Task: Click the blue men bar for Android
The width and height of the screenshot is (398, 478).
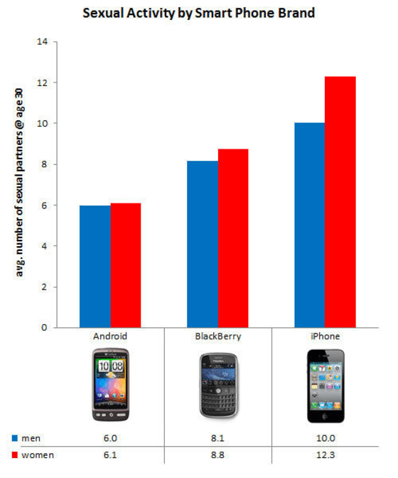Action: pos(95,266)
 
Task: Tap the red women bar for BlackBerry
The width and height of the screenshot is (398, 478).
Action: pos(233,238)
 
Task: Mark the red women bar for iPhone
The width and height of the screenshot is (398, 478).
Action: pos(340,202)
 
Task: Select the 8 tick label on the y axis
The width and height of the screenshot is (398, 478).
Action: pos(45,165)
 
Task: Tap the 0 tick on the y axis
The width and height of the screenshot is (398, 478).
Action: pos(45,328)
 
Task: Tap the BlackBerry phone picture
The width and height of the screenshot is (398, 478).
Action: pos(217,388)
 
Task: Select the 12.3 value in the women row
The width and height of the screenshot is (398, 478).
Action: pos(325,455)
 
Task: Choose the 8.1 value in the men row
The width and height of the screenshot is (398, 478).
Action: pos(217,439)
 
